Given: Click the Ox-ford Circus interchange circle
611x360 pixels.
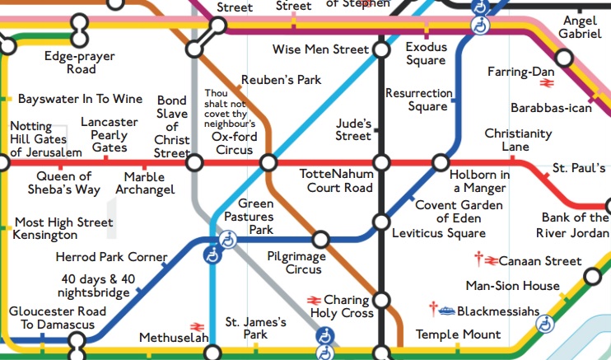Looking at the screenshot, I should pyautogui.click(x=267, y=163).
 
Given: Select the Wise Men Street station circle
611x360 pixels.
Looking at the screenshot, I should pyautogui.click(x=381, y=50).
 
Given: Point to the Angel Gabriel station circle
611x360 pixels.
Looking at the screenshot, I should pyautogui.click(x=564, y=58).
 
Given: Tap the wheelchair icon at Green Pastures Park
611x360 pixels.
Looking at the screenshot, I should pyautogui.click(x=229, y=241).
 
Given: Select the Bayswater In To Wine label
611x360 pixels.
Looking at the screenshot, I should pyautogui.click(x=80, y=99).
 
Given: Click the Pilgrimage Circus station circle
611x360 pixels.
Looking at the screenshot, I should pyautogui.click(x=324, y=241).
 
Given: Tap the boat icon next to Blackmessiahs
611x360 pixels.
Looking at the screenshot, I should pyautogui.click(x=445, y=311).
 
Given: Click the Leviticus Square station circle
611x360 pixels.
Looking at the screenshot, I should pyautogui.click(x=380, y=222).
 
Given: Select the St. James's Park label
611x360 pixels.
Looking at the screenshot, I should pyautogui.click(x=256, y=328).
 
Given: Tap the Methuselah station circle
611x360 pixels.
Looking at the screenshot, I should pyautogui.click(x=213, y=353).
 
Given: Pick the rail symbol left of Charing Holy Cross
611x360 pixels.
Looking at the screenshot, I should pyautogui.click(x=313, y=300).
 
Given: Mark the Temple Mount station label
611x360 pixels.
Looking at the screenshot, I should pyautogui.click(x=458, y=334).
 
